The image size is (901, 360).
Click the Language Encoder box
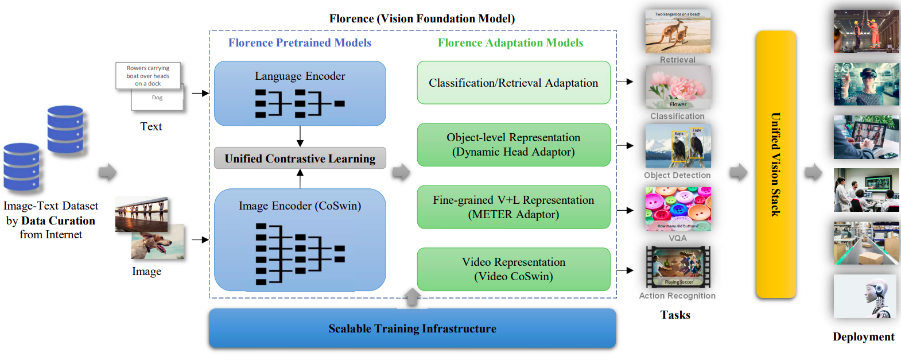tap(300, 93)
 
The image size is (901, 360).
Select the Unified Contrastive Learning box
tap(300, 158)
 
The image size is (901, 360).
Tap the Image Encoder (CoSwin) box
tap(300, 240)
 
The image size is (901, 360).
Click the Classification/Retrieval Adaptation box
tap(513, 83)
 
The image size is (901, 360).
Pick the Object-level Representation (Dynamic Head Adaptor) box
tap(513, 145)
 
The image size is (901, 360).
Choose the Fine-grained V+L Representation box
tap(513, 207)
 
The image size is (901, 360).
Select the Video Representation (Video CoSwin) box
tap(513, 269)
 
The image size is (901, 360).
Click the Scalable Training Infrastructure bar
tap(412, 328)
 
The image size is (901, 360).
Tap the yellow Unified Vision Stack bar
tap(775, 164)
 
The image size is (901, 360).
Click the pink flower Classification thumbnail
tap(678, 87)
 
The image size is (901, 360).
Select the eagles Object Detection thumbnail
tap(678, 146)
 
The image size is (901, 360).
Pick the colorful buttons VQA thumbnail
tap(678, 208)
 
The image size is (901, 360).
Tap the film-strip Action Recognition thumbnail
tap(678, 267)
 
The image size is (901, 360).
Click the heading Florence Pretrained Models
tap(300, 43)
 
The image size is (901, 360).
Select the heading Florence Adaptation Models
tap(510, 43)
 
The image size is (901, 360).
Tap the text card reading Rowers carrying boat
tap(148, 76)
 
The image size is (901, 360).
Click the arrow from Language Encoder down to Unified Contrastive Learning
tap(300, 136)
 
